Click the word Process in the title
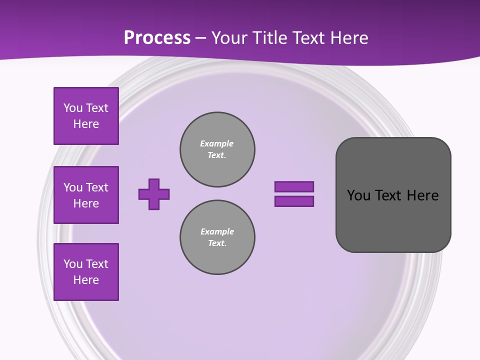(157, 38)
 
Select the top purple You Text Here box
(86, 116)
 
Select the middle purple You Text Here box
(86, 195)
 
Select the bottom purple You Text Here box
(86, 272)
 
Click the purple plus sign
(154, 194)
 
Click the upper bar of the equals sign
(294, 187)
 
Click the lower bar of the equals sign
(294, 201)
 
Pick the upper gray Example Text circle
(217, 149)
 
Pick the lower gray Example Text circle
(217, 237)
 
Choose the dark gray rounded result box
(393, 195)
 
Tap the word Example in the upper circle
(217, 143)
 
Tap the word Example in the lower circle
(217, 231)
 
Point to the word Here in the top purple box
(86, 124)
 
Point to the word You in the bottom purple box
(73, 264)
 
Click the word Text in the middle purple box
(96, 187)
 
